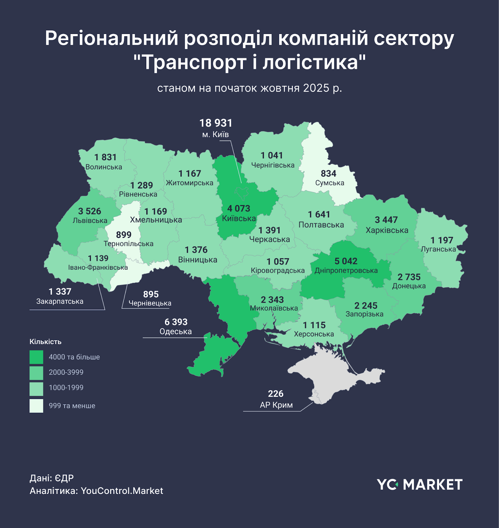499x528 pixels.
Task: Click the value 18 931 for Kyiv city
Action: click(x=216, y=123)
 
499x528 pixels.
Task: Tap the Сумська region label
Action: click(x=330, y=183)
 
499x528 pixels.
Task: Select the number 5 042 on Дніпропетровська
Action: click(x=346, y=261)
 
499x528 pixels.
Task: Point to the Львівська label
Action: click(x=90, y=220)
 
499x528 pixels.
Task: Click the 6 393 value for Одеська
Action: click(x=176, y=322)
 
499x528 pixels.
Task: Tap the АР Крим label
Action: click(x=276, y=405)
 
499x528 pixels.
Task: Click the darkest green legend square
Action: click(x=36, y=357)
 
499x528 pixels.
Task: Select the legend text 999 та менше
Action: click(x=72, y=406)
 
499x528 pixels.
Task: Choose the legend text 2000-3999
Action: click(x=66, y=372)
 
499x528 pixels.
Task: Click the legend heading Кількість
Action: click(x=46, y=342)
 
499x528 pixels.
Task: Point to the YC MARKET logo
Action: click(x=419, y=484)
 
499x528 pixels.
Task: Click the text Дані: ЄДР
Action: click(x=52, y=478)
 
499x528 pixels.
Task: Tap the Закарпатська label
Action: click(x=60, y=301)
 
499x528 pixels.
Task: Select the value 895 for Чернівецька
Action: click(x=151, y=294)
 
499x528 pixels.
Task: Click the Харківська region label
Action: click(x=387, y=230)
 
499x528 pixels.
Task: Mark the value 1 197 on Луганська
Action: click(x=442, y=240)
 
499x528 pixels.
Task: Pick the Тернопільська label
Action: click(x=128, y=244)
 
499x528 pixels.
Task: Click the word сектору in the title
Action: click(x=414, y=38)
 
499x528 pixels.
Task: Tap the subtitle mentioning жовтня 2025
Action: click(x=249, y=88)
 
